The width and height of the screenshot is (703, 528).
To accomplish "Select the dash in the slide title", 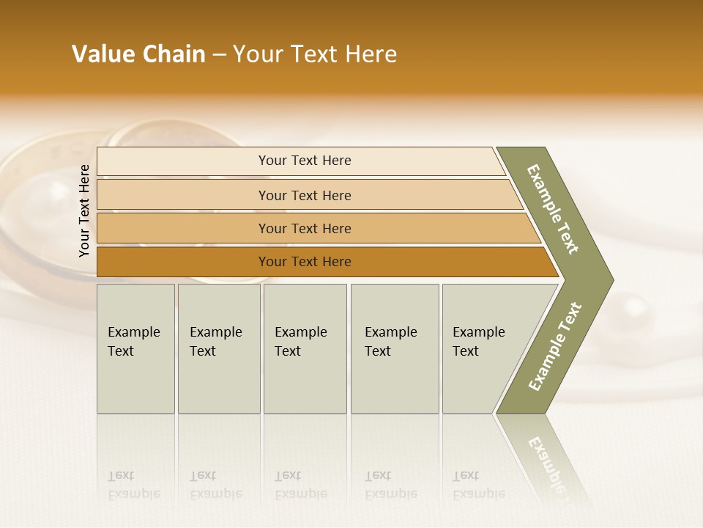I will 219,55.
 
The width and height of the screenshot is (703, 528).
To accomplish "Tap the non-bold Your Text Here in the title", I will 315,54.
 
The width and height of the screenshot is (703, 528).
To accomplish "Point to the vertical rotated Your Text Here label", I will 84,211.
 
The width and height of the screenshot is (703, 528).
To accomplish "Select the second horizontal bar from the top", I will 304,195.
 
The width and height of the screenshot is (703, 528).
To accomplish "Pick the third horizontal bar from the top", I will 304,228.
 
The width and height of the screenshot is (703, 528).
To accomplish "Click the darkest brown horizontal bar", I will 304,262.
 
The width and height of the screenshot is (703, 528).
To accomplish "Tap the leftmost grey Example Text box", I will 135,348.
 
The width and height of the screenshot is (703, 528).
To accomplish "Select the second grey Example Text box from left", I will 218,348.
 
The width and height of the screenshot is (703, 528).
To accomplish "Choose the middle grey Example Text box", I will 305,348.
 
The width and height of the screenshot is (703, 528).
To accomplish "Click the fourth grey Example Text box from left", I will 394,348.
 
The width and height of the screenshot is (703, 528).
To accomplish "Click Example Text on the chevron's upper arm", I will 554,209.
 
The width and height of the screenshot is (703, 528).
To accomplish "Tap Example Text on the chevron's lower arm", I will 555,346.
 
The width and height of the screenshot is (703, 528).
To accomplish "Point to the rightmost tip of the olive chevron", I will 611,279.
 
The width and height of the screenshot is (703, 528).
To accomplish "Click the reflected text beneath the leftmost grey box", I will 133,485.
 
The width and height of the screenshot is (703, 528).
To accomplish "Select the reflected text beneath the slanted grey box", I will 478,485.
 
